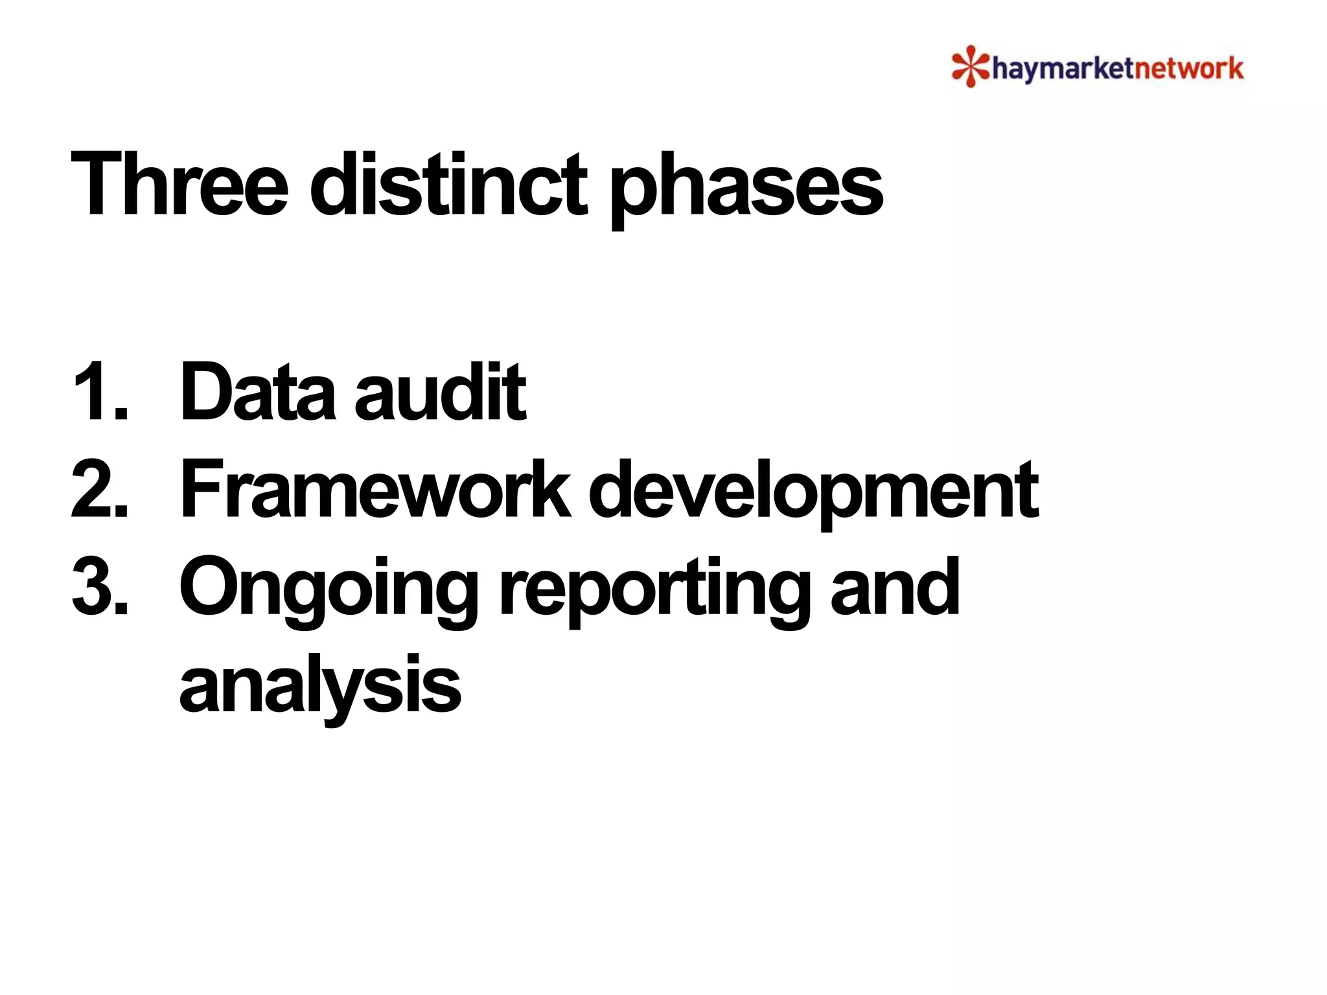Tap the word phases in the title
pos(746,188)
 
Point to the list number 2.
pos(98,490)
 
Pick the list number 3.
pos(98,587)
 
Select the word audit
pos(440,393)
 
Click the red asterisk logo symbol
pos(969,66)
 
